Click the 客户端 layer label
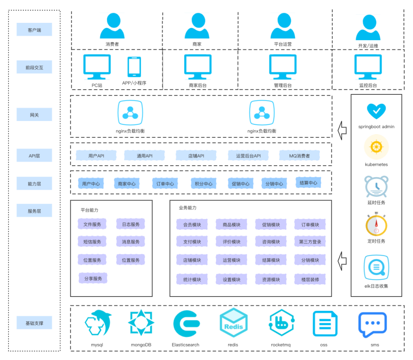tap(34, 30)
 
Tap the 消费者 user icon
tap(112, 26)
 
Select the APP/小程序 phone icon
tap(134, 67)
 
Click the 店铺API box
tap(196, 156)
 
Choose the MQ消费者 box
tap(299, 156)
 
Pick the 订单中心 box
tap(165, 184)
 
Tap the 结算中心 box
tap(308, 183)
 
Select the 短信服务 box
tap(92, 242)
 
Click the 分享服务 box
tap(92, 278)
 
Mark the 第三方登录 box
tap(310, 242)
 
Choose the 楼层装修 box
tap(310, 279)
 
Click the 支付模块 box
tap(192, 242)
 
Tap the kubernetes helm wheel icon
tap(376, 147)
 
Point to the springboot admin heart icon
tap(376, 111)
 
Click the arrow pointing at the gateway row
tap(342, 130)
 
